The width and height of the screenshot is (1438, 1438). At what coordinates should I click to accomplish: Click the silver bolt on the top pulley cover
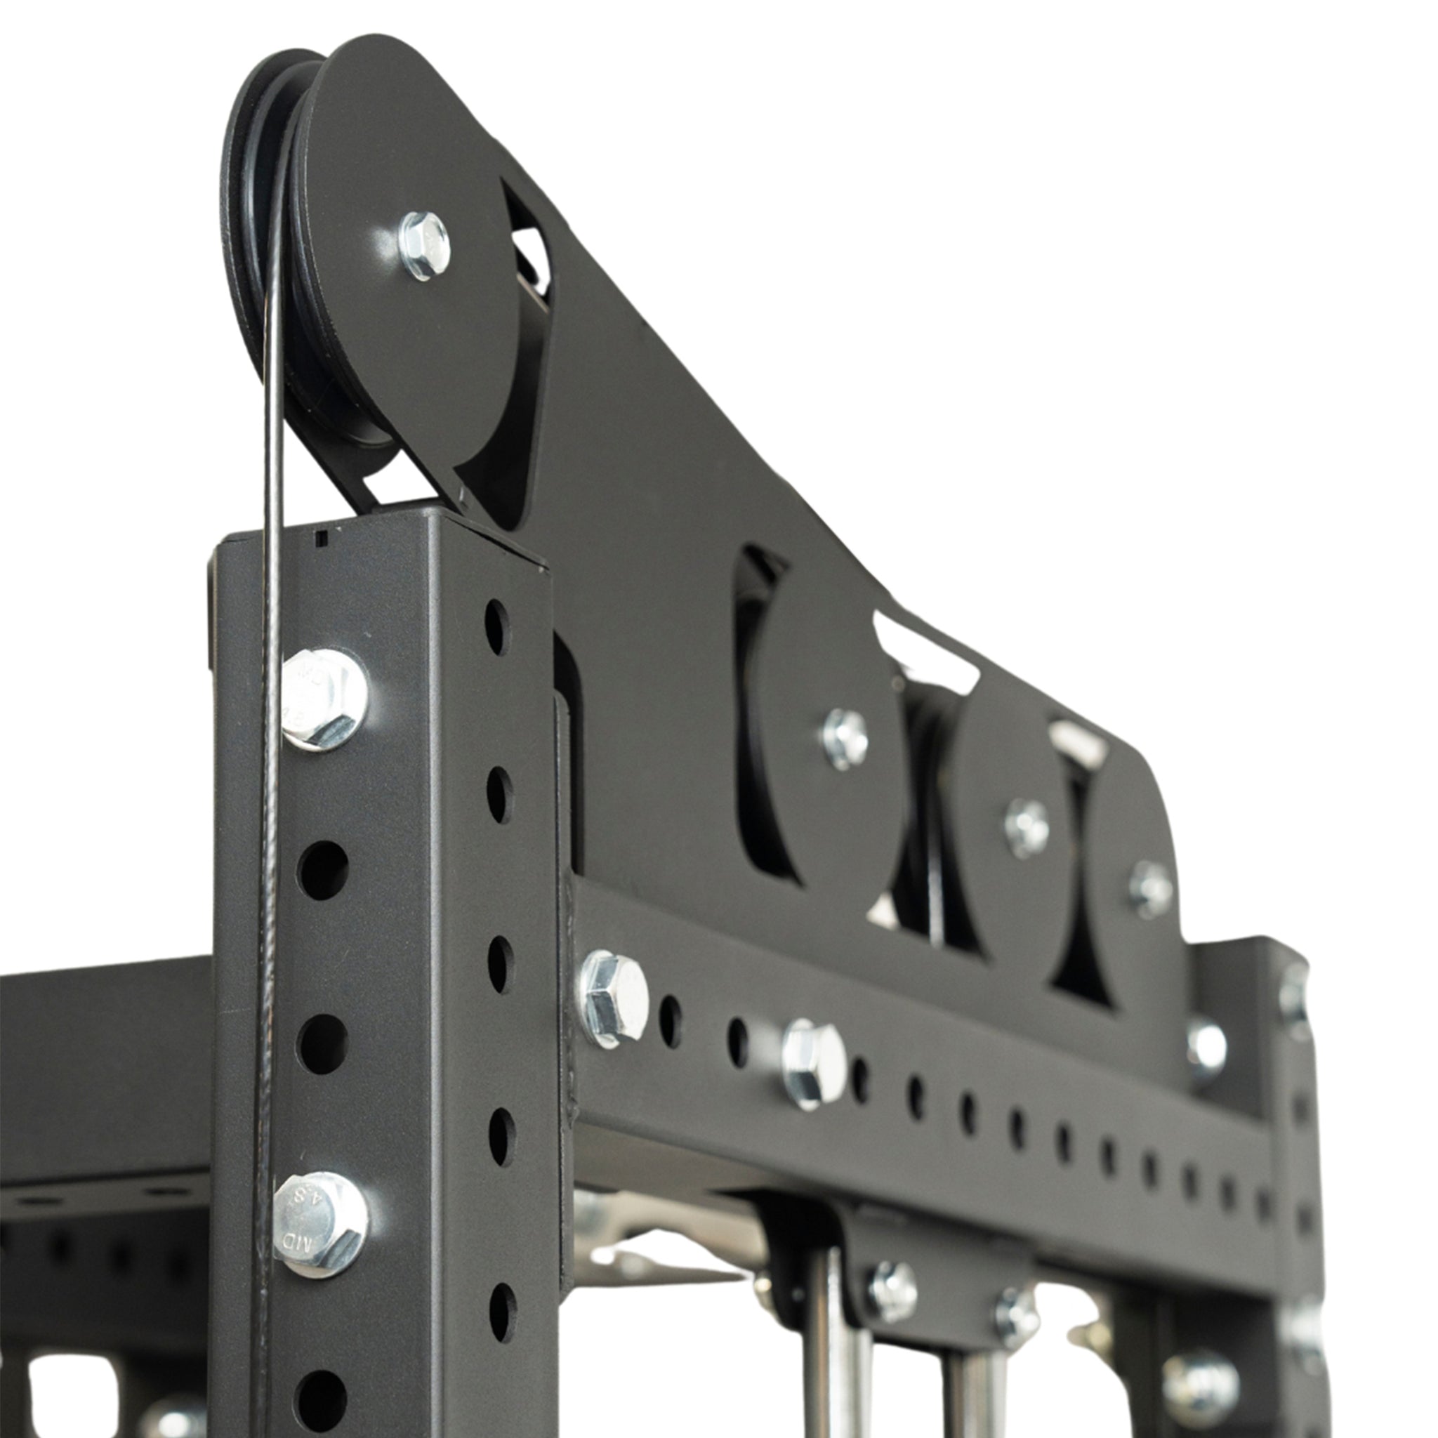tap(424, 245)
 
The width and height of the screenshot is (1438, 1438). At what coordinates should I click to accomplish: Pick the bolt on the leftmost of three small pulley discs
tap(844, 739)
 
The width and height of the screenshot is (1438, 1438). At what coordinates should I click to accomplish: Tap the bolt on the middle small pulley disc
tap(1027, 827)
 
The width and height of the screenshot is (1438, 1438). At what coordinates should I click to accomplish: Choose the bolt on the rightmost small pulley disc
tap(1150, 889)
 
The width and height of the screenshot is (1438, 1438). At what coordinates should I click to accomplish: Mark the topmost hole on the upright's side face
tap(496, 627)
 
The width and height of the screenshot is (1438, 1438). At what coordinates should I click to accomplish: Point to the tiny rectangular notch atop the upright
tap(322, 537)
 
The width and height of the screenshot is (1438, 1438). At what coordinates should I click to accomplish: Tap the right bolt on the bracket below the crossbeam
tap(1016, 1316)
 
